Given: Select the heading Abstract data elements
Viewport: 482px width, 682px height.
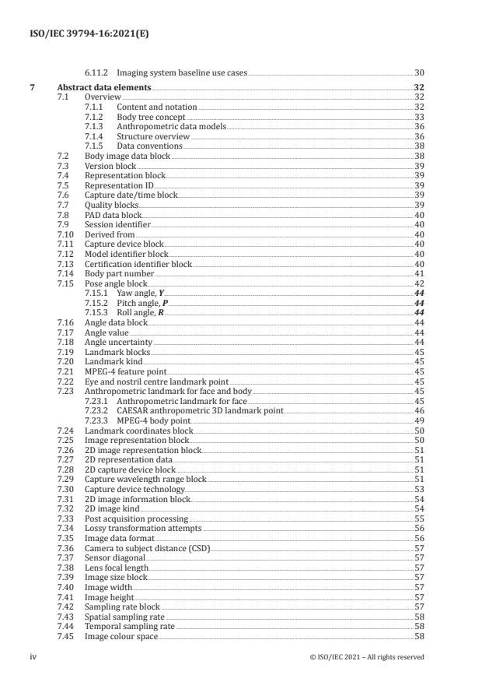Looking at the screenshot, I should click(x=104, y=88).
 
